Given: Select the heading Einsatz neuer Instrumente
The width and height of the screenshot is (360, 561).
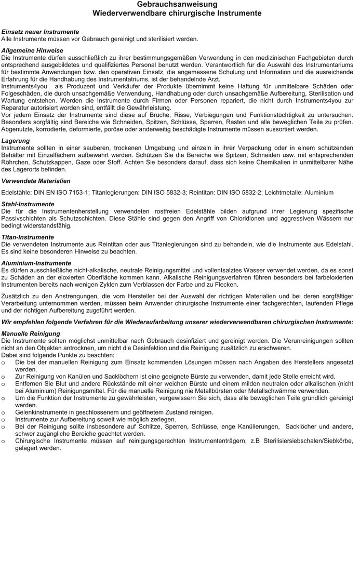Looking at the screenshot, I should (40, 32).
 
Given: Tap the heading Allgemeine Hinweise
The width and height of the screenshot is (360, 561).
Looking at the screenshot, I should (32, 50).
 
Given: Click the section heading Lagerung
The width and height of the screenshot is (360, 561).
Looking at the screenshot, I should (16, 141).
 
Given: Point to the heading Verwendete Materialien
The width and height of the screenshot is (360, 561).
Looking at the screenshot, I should (36, 181).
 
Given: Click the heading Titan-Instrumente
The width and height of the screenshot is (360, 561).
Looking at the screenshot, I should (28, 237).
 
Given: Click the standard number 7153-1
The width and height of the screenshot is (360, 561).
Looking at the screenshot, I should (78, 192).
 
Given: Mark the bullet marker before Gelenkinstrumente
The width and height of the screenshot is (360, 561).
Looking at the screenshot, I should (4, 412).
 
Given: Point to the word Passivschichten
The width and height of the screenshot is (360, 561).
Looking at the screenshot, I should (26, 219).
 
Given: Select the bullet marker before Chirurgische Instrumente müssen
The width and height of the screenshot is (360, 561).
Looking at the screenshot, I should (4, 441).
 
